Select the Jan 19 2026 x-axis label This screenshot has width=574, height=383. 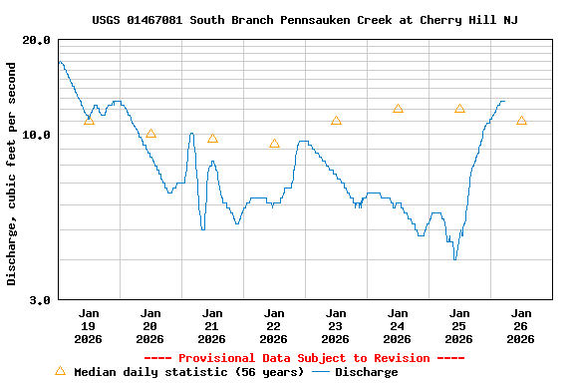pos(89,325)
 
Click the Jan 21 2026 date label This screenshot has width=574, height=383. pos(212,325)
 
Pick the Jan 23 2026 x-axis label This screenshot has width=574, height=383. pos(336,325)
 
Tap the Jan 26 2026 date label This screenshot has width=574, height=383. pos(521,325)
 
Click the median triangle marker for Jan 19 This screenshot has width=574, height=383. pos(89,121)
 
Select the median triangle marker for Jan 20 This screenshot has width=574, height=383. pos(150,134)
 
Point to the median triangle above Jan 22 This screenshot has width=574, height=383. pos(274,144)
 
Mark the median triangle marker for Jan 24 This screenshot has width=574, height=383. pos(398,109)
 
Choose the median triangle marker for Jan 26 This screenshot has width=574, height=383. pos(521,121)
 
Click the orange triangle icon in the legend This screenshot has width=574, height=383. pos(60,371)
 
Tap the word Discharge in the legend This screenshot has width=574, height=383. pos(366,372)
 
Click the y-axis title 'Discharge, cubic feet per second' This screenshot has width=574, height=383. pos(12,174)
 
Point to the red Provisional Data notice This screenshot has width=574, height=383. pos(304,358)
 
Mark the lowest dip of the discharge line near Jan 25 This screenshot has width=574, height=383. pos(454,259)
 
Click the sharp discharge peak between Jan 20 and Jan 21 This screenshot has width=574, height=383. pos(190,133)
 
